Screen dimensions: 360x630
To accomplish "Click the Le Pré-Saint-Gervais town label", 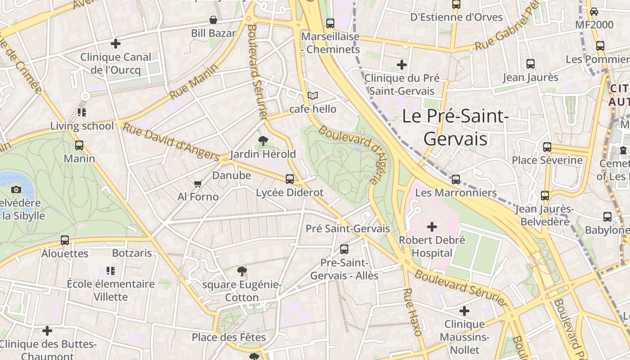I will pos(455,127).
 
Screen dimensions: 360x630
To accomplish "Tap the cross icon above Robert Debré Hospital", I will pos(432,227).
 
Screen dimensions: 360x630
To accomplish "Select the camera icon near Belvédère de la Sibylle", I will pos(16,190).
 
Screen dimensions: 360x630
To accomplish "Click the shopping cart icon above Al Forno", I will pos(197,184).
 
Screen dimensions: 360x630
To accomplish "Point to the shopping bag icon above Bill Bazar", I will pos(213,20).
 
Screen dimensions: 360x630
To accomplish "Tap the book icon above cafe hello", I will pos(313,95).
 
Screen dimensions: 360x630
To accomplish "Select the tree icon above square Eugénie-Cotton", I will pos(242,271).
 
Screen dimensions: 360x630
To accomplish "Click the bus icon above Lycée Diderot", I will pos(290,179).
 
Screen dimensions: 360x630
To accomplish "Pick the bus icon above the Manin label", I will pos(79,145).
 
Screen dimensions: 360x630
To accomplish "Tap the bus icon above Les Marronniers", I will pos(456,180).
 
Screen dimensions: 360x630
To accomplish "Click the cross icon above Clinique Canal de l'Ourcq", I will pos(116,44).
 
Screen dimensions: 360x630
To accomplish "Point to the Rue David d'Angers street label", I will pos(171,142).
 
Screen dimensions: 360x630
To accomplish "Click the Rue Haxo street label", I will pos(412,312).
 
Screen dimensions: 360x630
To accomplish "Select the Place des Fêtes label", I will pos(229,337).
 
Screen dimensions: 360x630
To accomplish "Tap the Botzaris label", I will pos(132,253).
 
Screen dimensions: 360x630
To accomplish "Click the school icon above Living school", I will pos(81,112).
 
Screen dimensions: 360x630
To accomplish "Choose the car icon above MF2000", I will pos(594,12).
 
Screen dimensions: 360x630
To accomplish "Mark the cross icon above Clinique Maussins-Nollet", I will pos(464,311).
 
